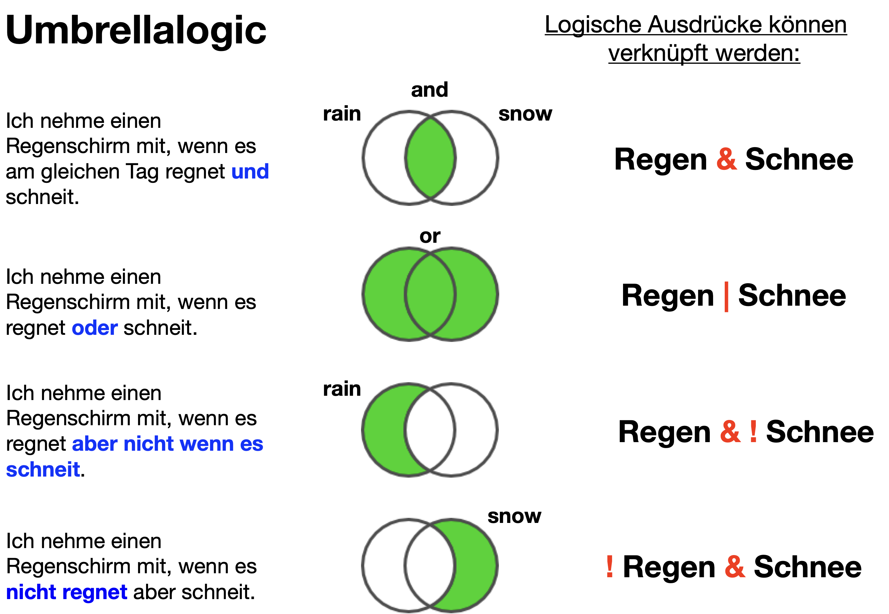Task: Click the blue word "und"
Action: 250,172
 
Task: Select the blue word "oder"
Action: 95,328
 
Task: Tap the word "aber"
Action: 95,444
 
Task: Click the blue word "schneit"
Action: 43,470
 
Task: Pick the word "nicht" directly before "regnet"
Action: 31,592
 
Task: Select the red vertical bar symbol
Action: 726,297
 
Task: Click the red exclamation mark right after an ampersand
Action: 753,431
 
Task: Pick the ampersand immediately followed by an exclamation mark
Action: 730,431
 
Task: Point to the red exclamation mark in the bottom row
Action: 609,566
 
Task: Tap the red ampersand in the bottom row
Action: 735,566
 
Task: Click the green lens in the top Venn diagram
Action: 430,158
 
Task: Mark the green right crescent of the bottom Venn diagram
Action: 477,566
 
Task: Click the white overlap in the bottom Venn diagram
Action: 430,566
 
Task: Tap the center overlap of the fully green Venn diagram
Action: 430,294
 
